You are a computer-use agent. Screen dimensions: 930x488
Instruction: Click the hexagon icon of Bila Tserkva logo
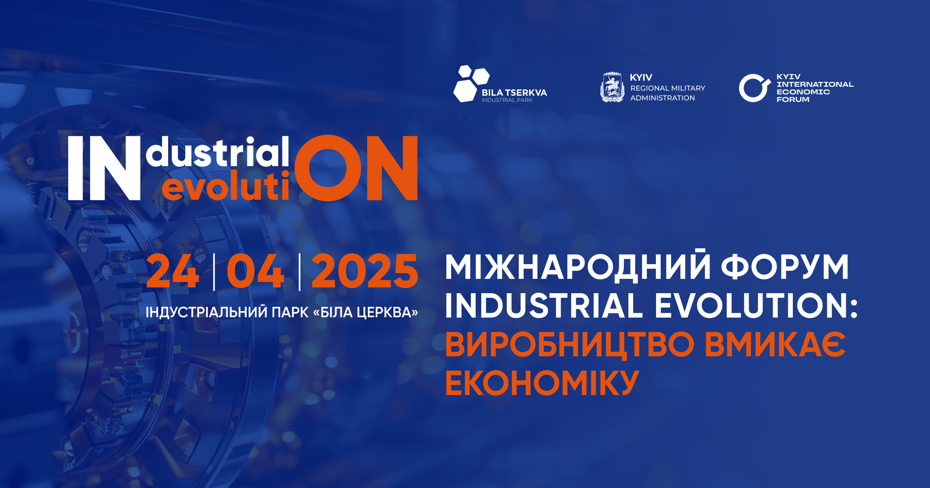(x=471, y=84)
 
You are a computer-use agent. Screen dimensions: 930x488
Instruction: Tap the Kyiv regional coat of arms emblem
(x=612, y=87)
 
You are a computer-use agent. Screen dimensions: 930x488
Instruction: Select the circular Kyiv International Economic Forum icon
(x=754, y=88)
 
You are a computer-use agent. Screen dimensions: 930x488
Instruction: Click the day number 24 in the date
(x=173, y=271)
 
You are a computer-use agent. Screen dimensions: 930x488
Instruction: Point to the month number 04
(x=256, y=271)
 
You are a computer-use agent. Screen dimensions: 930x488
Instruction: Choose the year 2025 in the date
(x=365, y=271)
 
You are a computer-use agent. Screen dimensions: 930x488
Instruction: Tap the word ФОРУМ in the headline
(x=785, y=267)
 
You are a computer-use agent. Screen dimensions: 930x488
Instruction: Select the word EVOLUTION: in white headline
(x=756, y=305)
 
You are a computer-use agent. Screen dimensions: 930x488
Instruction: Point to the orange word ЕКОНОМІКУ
(x=542, y=383)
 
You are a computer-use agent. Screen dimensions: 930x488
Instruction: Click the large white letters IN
(x=104, y=168)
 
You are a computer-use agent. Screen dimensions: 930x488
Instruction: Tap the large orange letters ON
(x=356, y=168)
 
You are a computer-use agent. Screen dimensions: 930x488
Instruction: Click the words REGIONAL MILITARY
(x=668, y=88)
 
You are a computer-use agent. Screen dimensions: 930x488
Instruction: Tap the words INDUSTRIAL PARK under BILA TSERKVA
(x=507, y=100)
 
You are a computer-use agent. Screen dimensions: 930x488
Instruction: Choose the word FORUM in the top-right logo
(x=793, y=100)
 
